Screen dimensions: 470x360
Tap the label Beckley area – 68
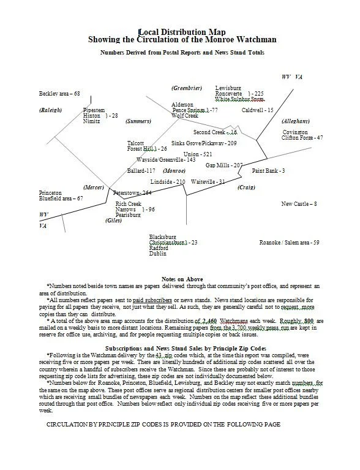[60, 94]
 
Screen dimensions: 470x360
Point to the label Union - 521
[198, 154]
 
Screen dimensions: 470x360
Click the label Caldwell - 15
[258, 110]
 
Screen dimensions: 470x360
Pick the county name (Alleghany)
[296, 121]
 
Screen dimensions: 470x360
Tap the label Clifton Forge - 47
[303, 138]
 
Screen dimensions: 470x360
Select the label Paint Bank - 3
[269, 170]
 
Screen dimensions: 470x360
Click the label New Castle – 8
[299, 203]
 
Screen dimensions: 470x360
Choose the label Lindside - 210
[168, 182]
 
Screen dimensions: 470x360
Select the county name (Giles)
[113, 220]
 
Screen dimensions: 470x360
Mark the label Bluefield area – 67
[60, 199]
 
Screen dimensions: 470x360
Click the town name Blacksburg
[162, 237]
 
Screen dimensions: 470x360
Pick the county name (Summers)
[138, 121]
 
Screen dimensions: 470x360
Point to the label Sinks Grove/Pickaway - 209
[204, 143]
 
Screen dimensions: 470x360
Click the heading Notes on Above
[182, 279]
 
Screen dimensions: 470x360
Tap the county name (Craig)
[246, 187]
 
